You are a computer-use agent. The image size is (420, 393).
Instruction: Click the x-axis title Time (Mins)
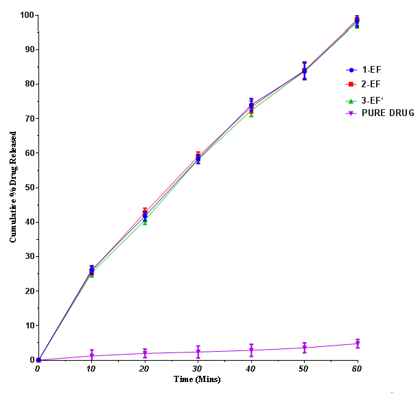197,379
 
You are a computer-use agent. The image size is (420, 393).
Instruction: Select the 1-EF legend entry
371,69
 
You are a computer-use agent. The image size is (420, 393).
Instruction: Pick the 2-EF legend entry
371,84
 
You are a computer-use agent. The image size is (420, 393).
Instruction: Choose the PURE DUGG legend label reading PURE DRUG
387,113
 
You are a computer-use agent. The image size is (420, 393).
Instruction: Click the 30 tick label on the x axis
197,369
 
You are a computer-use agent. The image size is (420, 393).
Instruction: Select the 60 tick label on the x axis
357,369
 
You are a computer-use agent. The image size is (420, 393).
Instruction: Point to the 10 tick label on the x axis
91,369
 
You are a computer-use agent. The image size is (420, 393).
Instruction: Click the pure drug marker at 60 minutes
357,344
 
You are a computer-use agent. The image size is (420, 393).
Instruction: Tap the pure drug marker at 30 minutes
198,352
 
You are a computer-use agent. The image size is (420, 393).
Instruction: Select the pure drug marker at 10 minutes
91,356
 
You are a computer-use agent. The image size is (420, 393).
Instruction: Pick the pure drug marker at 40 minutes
251,350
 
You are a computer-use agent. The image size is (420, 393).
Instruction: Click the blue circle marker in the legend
351,69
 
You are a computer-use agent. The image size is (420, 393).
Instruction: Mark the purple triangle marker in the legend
351,113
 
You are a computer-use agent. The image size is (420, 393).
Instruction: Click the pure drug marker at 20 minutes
145,354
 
